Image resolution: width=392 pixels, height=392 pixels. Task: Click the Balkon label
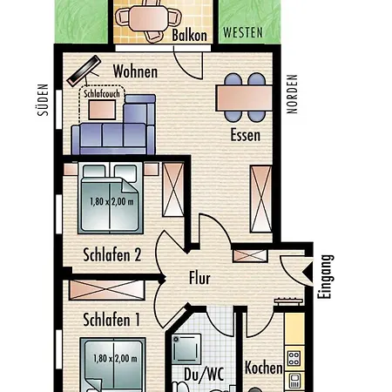(189, 35)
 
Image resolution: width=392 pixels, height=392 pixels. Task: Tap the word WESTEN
(243, 32)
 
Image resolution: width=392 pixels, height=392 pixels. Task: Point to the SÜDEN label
(43, 100)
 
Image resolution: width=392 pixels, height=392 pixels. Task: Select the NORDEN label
(292, 94)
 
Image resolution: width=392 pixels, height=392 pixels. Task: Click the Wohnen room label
(135, 71)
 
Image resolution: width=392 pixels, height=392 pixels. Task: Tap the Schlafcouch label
(102, 93)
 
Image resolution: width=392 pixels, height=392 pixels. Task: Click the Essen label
(246, 135)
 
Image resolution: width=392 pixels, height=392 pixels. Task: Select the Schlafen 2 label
(112, 254)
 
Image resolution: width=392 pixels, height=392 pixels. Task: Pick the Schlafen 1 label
(112, 320)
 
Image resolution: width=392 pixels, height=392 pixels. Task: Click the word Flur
(199, 278)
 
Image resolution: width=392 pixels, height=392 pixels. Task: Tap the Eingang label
(325, 277)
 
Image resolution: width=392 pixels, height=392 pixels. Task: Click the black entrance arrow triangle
(308, 272)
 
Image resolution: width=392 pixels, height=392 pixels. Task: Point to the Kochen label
(264, 368)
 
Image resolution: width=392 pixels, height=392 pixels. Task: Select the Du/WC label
(204, 375)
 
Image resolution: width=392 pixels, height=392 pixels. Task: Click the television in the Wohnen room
(84, 71)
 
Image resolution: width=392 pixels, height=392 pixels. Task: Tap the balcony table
(149, 18)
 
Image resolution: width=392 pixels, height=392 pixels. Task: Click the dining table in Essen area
(244, 98)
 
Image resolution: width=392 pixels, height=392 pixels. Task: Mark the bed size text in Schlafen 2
(112, 201)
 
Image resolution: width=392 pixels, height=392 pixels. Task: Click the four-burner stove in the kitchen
(294, 358)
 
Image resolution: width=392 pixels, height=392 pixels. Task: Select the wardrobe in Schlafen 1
(107, 290)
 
